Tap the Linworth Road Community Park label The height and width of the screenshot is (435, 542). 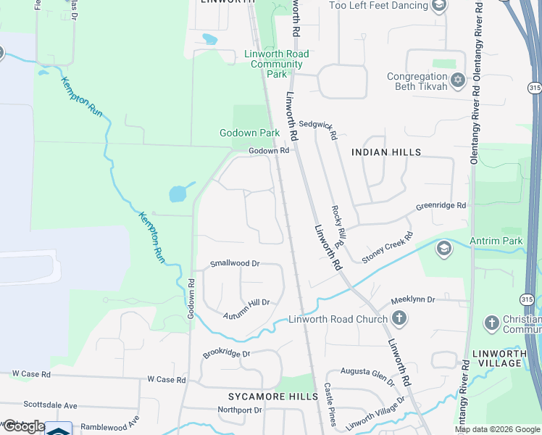(276, 64)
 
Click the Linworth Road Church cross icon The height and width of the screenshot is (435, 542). (399, 318)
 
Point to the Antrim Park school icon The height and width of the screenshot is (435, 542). (443, 249)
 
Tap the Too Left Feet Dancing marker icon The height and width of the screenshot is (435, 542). (438, 7)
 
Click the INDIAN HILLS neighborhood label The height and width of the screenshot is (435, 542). (385, 152)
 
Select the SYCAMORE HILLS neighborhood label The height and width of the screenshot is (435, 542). (273, 397)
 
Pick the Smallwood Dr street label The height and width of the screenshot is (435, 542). (235, 263)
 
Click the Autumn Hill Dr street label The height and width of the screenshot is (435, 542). (246, 302)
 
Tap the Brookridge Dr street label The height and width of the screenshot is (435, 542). (226, 354)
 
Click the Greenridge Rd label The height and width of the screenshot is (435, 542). (441, 207)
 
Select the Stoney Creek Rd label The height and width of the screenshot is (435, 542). (387, 247)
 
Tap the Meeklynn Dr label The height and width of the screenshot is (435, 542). (412, 299)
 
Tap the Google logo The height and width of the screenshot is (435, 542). (23, 426)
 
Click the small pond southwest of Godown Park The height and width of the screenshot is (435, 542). (178, 193)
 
